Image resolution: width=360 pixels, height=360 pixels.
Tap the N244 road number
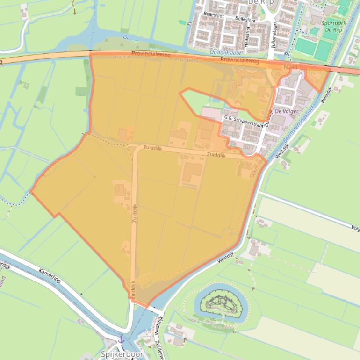pyautogui.click(x=290, y=67)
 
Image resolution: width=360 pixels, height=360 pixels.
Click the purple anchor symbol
pyautogui.click(x=121, y=339)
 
